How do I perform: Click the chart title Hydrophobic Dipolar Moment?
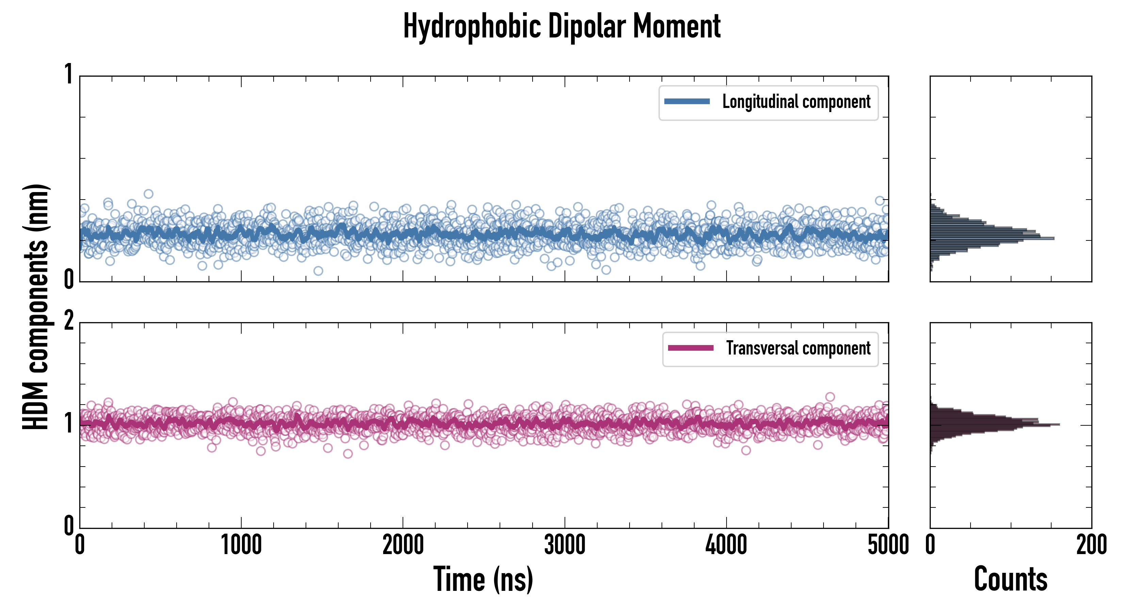click(561, 27)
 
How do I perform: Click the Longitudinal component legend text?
click(796, 102)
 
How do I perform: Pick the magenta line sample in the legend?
click(690, 348)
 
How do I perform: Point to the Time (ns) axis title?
click(483, 579)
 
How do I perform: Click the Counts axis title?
click(1010, 579)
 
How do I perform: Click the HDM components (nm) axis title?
click(36, 307)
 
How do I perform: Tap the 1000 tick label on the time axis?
click(241, 545)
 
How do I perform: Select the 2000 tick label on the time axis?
click(403, 545)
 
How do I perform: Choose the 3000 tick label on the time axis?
click(565, 545)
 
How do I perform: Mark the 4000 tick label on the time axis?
click(726, 545)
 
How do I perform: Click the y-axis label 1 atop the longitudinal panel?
click(68, 74)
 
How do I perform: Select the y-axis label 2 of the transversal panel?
click(68, 322)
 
